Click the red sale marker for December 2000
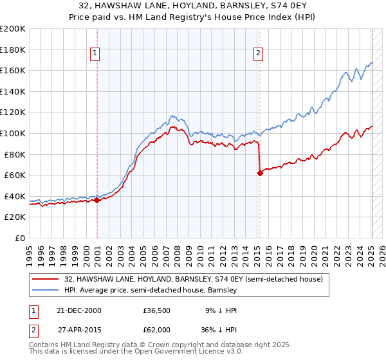[x=97, y=200]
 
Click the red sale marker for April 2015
[x=260, y=173]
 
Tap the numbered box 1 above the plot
[x=95, y=53]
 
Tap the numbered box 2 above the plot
[x=258, y=53]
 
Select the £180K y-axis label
[x=13, y=50]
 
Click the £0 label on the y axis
[x=19, y=238]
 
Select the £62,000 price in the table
[x=156, y=329]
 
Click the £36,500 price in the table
[x=156, y=310]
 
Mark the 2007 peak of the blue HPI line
[x=172, y=116]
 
